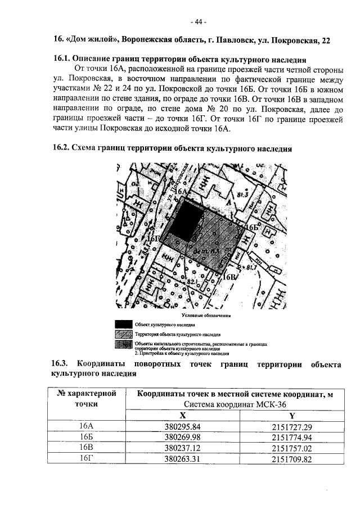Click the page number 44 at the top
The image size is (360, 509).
click(x=199, y=22)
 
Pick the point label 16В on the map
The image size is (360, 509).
click(x=231, y=276)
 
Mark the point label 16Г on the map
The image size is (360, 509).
click(x=154, y=238)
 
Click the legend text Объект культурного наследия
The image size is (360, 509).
click(x=164, y=325)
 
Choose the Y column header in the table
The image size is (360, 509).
click(x=291, y=415)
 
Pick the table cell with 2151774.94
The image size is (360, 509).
click(x=291, y=436)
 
